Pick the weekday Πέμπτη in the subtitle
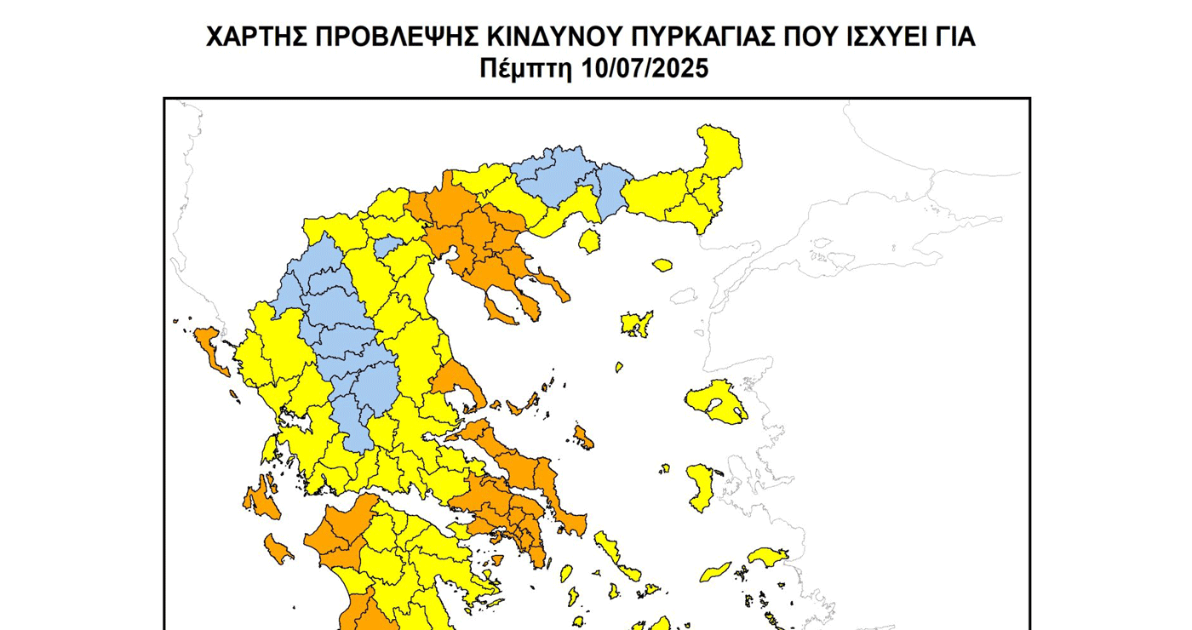[529, 68]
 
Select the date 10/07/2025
[646, 68]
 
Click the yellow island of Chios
[703, 487]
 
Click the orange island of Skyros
[583, 438]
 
